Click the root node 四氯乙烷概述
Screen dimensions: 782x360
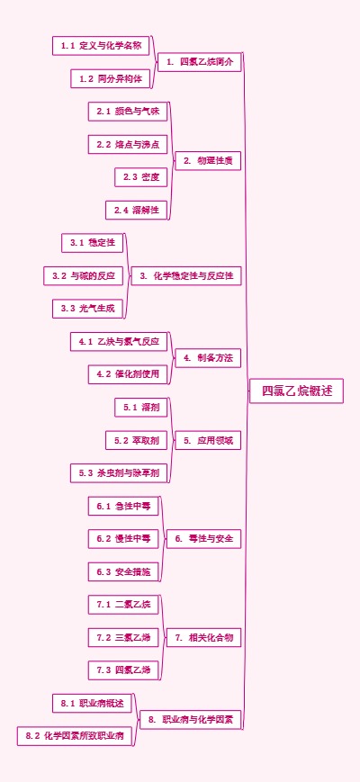pyautogui.click(x=296, y=391)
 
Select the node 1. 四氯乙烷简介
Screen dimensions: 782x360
pyautogui.click(x=199, y=62)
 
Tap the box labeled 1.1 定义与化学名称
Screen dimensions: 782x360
pyautogui.click(x=101, y=45)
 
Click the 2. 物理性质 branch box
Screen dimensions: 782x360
pyautogui.click(x=208, y=161)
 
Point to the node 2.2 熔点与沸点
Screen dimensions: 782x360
pyautogui.click(x=128, y=144)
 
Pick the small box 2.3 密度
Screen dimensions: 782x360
pyautogui.click(x=141, y=177)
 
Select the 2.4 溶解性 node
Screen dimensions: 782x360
pyautogui.click(x=137, y=210)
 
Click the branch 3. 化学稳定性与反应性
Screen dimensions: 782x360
pyautogui.click(x=186, y=276)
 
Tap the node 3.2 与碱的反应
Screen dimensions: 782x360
pyautogui.click(x=83, y=275)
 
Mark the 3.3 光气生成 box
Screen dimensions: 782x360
pyautogui.click(x=87, y=309)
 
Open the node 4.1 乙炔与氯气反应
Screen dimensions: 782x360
pyautogui.click(x=119, y=341)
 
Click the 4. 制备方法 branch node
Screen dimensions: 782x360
pyautogui.click(x=208, y=358)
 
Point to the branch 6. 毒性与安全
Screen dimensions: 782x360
pyautogui.click(x=208, y=539)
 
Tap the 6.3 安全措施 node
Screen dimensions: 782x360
pyautogui.click(x=123, y=571)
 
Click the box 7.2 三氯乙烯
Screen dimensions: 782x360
pyautogui.click(x=123, y=637)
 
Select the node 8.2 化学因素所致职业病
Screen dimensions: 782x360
pyautogui.click(x=75, y=736)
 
